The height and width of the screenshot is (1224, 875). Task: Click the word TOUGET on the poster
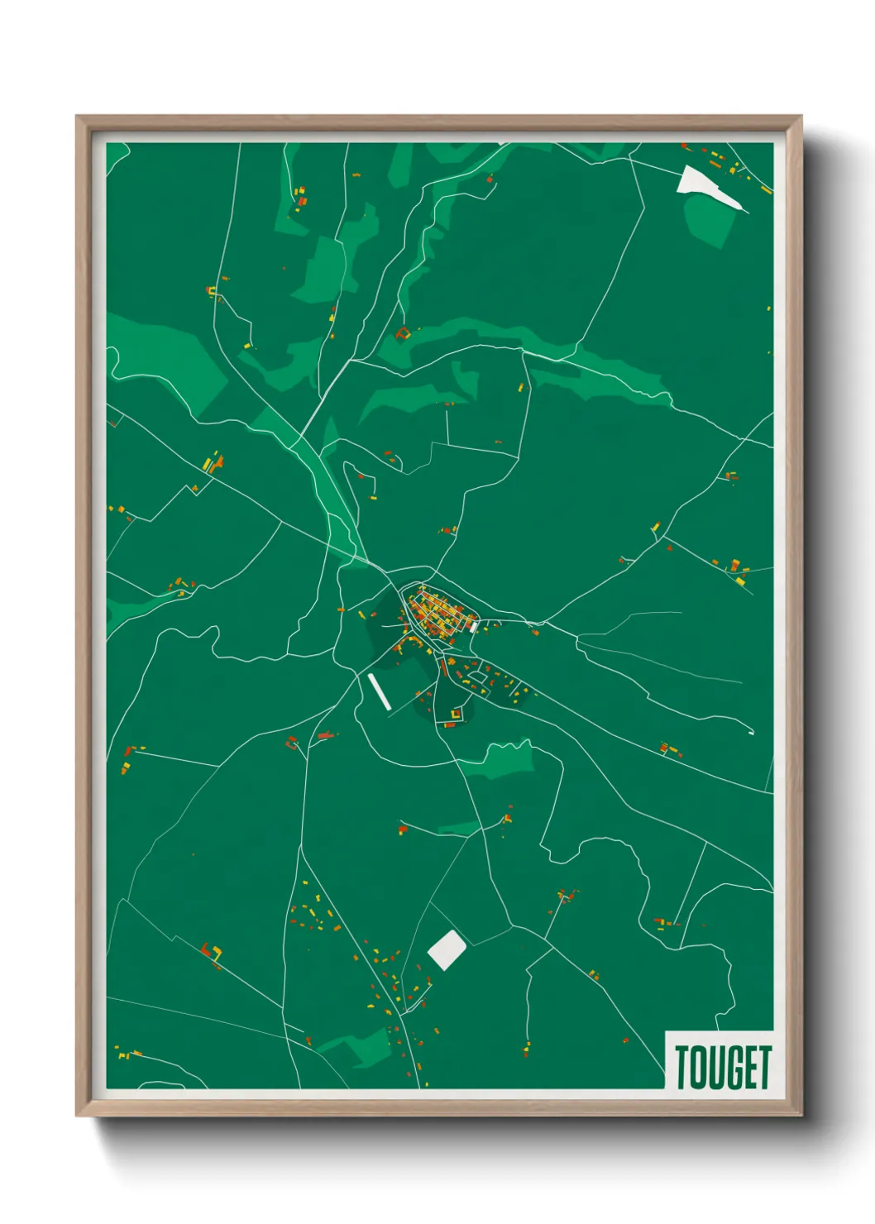722,1067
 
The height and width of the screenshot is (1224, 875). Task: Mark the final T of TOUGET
764,1067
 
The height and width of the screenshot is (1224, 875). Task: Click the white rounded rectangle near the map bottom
447,949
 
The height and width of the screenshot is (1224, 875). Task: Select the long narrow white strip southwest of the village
380,691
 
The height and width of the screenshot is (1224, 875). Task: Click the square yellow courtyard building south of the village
455,713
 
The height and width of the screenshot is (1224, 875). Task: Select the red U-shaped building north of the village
403,334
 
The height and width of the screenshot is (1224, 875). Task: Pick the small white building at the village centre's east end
472,627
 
